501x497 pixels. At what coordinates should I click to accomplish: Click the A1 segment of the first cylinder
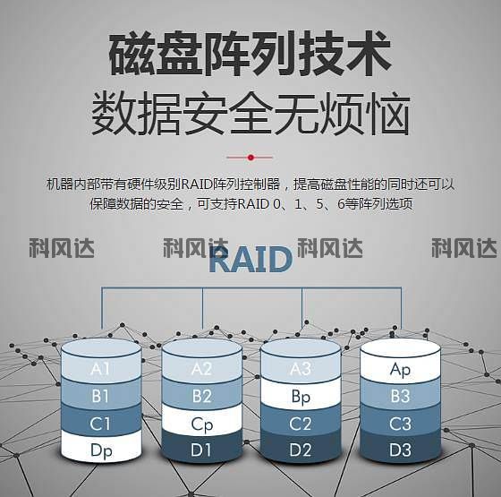(101, 369)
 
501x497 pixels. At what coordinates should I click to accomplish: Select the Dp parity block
(101, 450)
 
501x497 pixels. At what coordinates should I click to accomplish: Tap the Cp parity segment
(201, 424)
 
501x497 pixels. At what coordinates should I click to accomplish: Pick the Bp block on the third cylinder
(301, 397)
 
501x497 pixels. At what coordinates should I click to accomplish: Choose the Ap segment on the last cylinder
(400, 369)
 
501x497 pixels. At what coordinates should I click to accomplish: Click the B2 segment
(201, 396)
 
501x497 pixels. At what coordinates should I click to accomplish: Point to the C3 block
(400, 424)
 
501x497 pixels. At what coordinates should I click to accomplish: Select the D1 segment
(201, 450)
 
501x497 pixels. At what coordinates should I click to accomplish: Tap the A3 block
(301, 369)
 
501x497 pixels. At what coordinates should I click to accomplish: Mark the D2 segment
(301, 450)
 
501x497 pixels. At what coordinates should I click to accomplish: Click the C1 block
(101, 424)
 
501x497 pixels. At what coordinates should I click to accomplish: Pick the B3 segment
(400, 396)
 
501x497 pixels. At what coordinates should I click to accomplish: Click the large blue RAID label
(250, 260)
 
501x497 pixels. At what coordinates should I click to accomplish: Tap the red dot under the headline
(250, 158)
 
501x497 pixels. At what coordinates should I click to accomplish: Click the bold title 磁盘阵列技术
(250, 54)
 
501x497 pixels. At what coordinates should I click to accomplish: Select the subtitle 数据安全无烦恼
(250, 113)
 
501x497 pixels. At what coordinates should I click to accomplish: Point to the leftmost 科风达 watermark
(62, 248)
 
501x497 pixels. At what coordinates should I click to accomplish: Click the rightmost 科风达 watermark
(464, 248)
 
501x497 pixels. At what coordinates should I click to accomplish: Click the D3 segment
(400, 450)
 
